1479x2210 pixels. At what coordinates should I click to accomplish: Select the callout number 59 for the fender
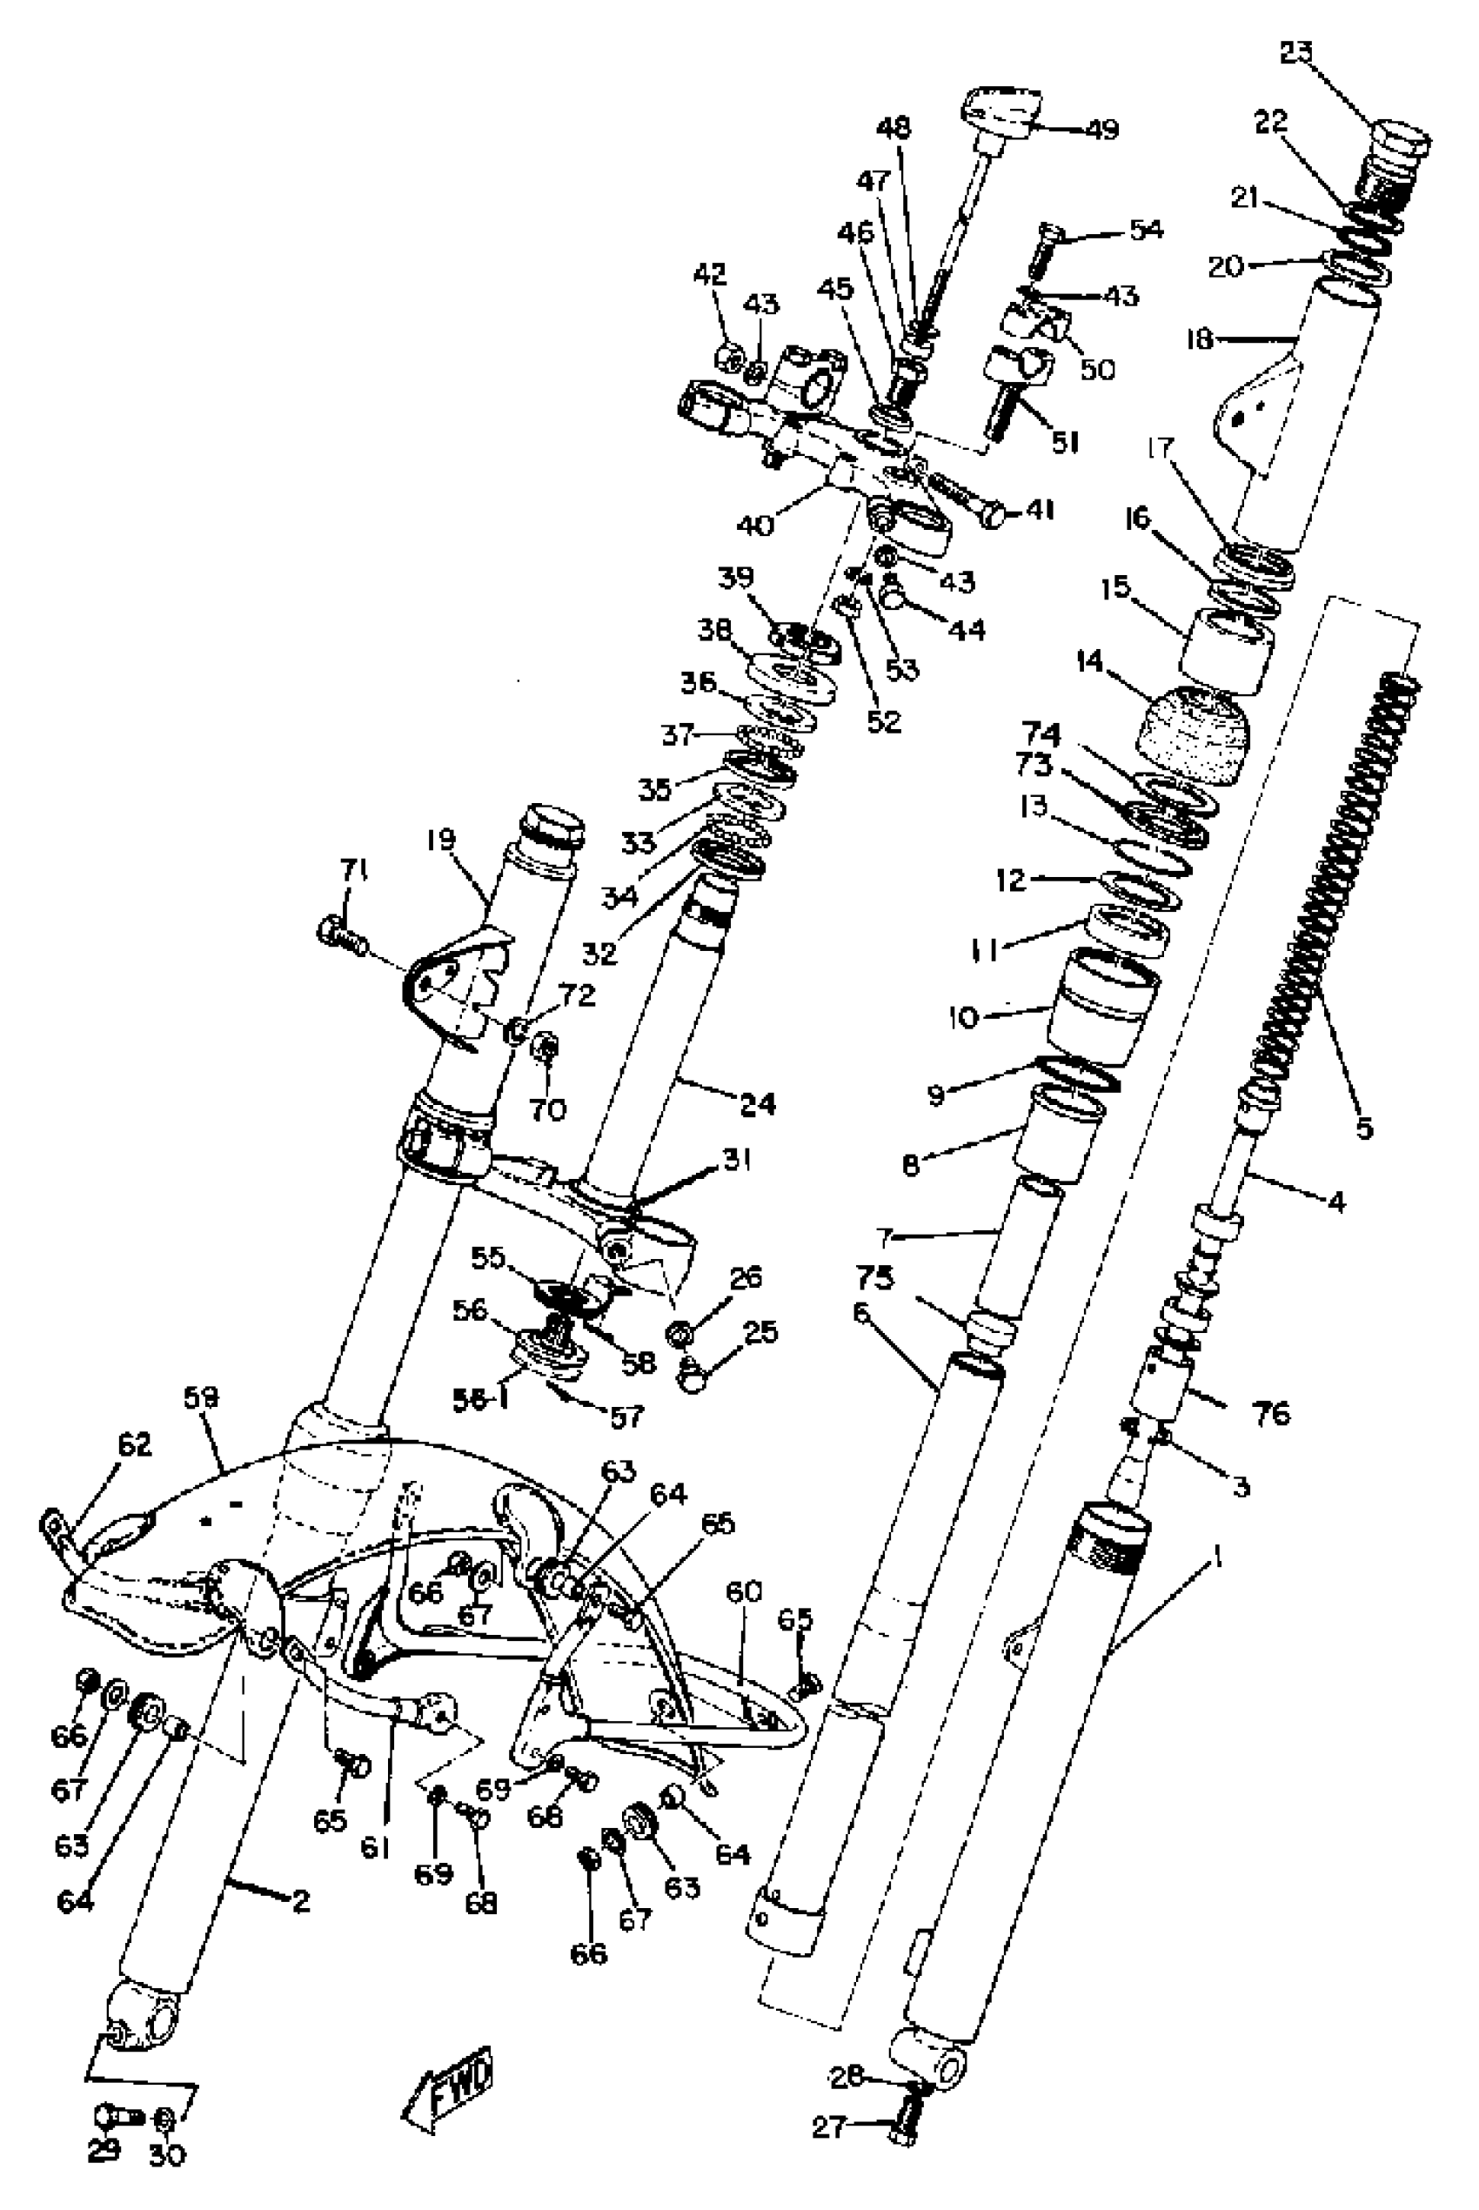201,1401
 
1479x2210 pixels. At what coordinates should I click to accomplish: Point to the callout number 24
758,1102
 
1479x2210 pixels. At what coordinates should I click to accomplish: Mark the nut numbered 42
730,357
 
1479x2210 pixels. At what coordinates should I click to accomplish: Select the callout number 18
1200,338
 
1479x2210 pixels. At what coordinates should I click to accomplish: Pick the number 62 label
134,1446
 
